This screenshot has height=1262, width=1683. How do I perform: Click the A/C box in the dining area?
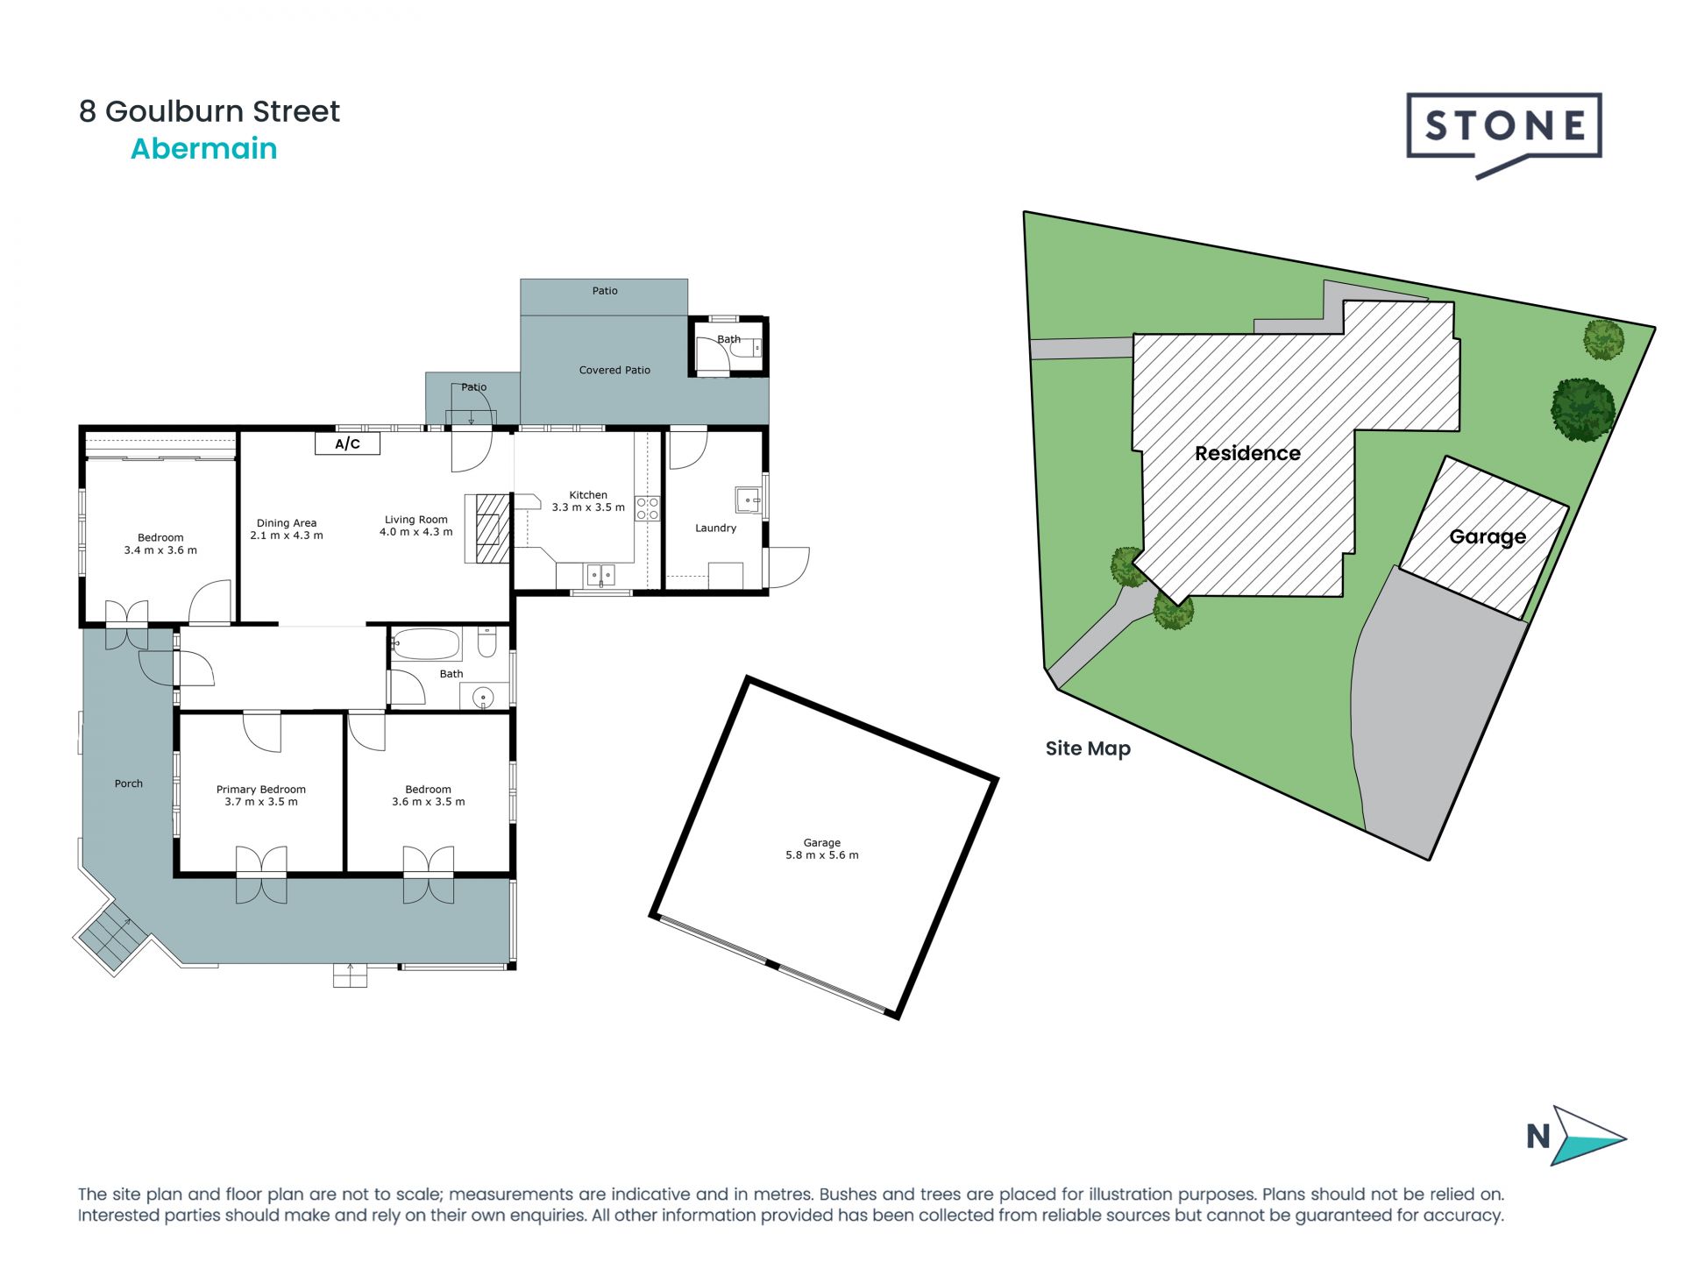click(x=347, y=443)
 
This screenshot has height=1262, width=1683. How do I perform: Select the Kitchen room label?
click(x=588, y=495)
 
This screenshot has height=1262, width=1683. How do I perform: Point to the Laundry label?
click(x=715, y=528)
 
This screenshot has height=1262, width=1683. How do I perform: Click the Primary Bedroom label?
click(x=261, y=790)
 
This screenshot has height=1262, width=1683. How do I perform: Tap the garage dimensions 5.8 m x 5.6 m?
click(x=821, y=855)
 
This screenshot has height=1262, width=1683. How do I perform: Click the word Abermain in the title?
click(x=203, y=149)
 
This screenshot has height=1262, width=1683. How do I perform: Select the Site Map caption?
click(x=1088, y=748)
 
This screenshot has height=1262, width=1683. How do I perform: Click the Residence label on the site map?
click(x=1247, y=453)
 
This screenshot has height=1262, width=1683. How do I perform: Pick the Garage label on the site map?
click(x=1488, y=536)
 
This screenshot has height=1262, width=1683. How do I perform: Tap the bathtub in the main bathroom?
click(x=426, y=645)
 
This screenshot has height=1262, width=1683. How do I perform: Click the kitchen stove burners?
click(x=647, y=508)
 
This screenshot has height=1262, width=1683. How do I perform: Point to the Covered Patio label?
click(x=614, y=370)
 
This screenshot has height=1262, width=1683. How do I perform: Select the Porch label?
click(x=128, y=783)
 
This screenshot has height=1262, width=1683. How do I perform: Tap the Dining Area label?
click(x=287, y=523)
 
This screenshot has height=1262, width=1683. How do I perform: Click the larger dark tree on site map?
click(x=1583, y=409)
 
